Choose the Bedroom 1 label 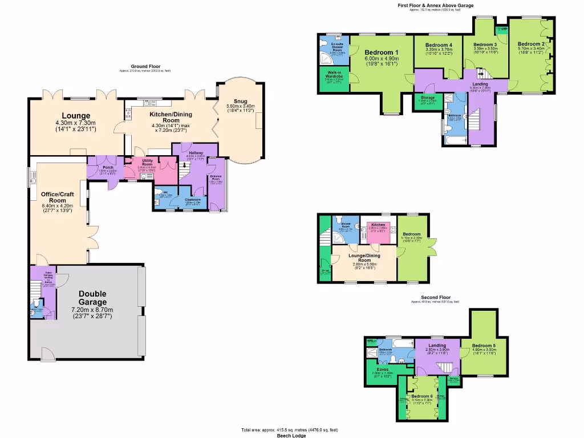pos(381,53)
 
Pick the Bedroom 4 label pos(439,45)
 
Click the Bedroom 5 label pos(484,345)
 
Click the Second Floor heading pos(436,297)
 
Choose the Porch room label pos(108,167)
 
